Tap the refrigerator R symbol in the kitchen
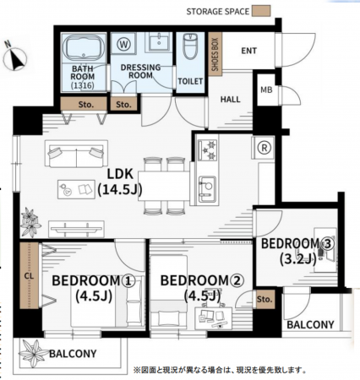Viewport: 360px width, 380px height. pos(264,148)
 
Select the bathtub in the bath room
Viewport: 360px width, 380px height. pos(84,48)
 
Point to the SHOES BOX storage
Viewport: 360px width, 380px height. pos(215,54)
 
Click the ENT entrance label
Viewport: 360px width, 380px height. pos(249,51)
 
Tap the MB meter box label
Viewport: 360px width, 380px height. pos(266,90)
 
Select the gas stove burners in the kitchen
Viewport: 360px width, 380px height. pos(208,149)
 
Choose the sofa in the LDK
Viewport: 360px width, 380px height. pos(76,155)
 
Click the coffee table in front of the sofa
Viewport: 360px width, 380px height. pos(76,189)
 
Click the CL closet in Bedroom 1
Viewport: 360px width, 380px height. pos(30,275)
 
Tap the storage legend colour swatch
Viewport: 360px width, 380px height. pos(261,11)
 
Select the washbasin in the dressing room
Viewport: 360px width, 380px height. pos(159,42)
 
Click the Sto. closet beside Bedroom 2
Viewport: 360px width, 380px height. pos(265,299)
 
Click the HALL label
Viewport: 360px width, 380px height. pos(230,100)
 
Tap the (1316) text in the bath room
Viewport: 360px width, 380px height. pos(83,85)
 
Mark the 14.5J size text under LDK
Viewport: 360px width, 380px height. pos(120,190)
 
